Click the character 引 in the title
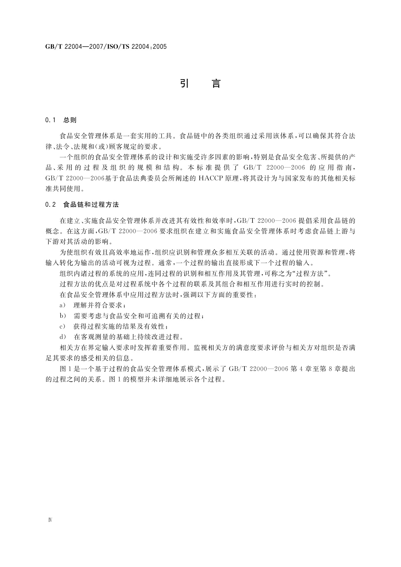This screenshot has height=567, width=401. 184,84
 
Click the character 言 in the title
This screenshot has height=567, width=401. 216,84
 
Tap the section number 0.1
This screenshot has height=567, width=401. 50,120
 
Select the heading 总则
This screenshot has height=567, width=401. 70,120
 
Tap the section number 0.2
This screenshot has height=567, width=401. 50,204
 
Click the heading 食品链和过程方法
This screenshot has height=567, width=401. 91,204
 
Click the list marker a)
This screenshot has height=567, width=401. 62,305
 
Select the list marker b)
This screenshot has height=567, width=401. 62,316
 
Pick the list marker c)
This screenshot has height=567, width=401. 62,326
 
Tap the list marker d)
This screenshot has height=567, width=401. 62,337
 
